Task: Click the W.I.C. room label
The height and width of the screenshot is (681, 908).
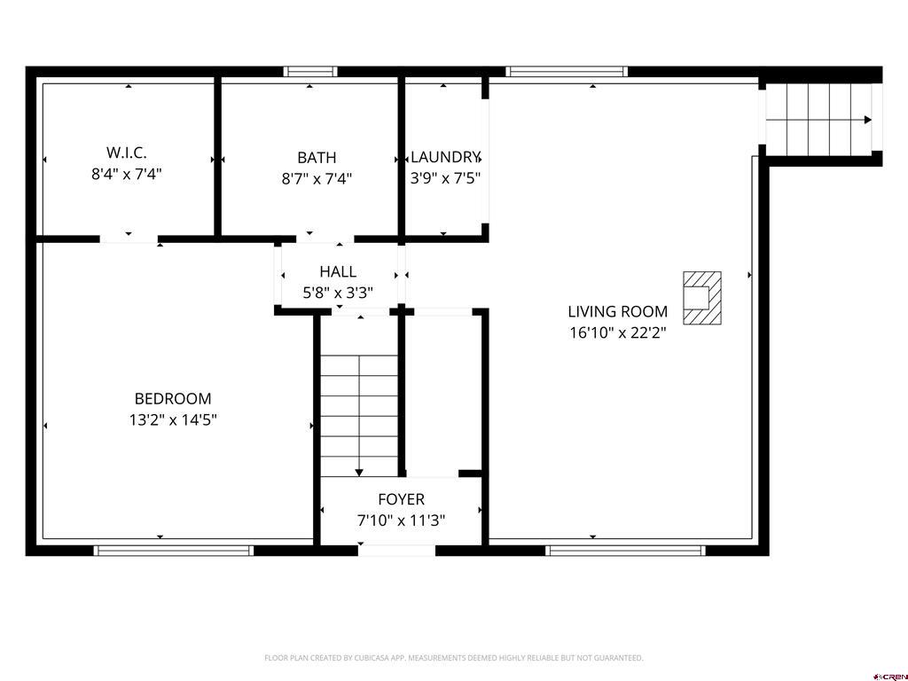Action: [127, 153]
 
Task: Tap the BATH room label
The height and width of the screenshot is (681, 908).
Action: [317, 158]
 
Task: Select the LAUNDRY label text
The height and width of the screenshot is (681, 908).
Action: [445, 157]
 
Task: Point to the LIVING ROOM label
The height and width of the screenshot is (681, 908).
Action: [617, 312]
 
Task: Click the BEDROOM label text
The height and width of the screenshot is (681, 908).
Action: [173, 399]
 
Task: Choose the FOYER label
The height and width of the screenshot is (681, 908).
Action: [401, 499]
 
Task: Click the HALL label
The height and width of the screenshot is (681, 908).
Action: [338, 272]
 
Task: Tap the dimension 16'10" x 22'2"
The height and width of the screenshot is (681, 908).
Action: [617, 333]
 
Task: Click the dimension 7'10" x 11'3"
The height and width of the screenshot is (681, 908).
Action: [401, 521]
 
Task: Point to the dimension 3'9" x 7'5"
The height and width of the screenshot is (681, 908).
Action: [445, 178]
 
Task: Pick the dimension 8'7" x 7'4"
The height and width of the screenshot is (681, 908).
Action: [317, 178]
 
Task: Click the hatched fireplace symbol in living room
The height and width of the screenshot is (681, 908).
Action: [701, 297]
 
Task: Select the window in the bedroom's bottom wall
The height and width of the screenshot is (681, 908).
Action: [173, 551]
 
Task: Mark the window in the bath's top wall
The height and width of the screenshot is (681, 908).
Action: [310, 72]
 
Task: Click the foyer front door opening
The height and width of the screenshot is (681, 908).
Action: [396, 551]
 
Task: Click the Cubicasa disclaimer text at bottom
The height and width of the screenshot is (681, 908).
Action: [453, 658]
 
